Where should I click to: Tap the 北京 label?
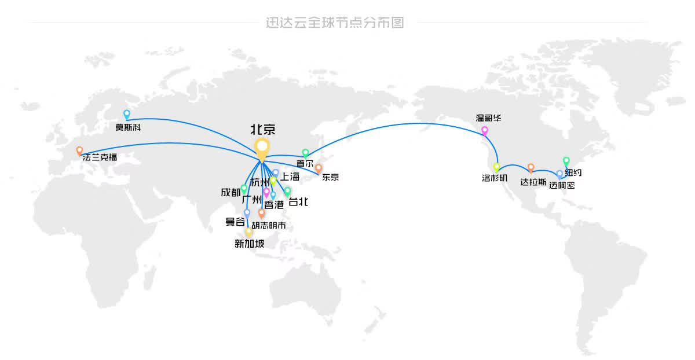pos(263,130)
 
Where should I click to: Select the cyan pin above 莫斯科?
pos(127,115)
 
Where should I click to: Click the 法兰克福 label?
pos(100,157)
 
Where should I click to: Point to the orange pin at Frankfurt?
pos(79,151)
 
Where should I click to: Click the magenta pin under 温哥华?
pos(485,131)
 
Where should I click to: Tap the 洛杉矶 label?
pos(495,178)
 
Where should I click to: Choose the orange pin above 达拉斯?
pos(531,168)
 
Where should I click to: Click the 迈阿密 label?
pos(562,185)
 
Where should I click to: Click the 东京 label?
pos(330,177)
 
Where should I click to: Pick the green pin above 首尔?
pos(305,153)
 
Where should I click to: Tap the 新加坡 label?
pos(250,244)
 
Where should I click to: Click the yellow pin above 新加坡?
pos(249,233)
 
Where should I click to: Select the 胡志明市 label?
pos(269,225)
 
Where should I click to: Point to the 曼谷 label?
pos(235,222)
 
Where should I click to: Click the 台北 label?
pos(298,202)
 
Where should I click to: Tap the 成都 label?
pos(231,193)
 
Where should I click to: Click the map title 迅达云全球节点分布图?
pos(335,23)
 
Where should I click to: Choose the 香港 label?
pos(274,205)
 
